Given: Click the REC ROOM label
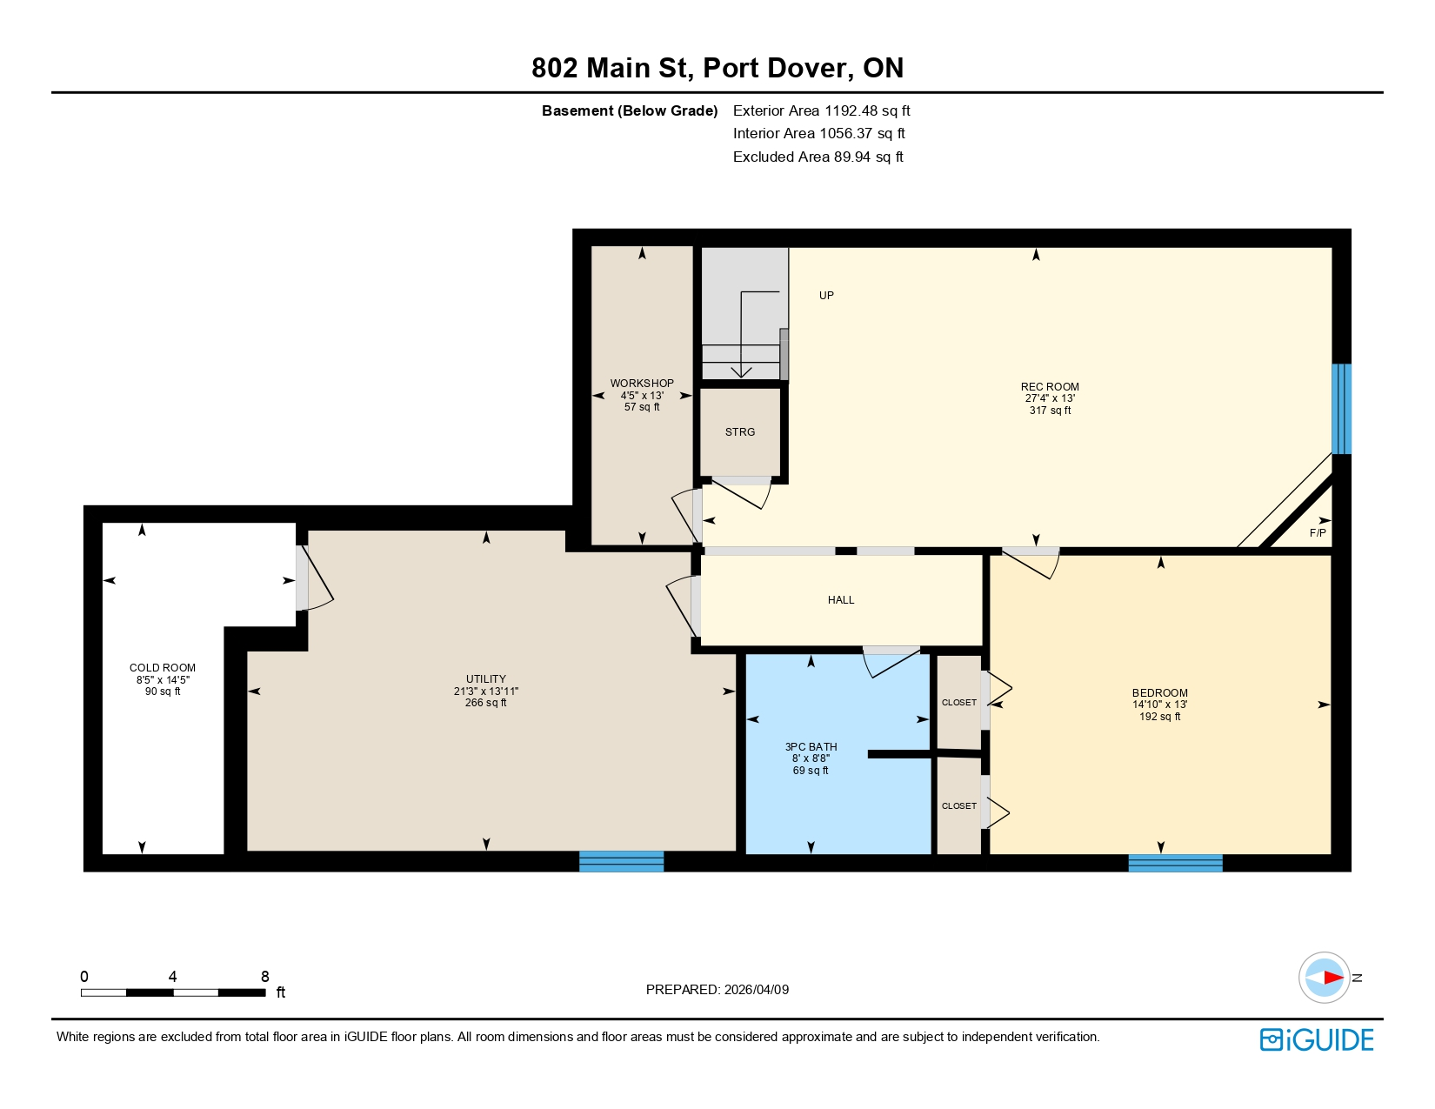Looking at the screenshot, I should pos(1050,387).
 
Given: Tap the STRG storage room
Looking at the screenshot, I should pos(740,432).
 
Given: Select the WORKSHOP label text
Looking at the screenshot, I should pos(642,384).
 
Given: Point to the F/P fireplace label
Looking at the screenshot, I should pos(1318,533).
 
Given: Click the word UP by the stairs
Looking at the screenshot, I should pos(826,296).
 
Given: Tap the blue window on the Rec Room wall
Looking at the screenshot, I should pos(1341,409).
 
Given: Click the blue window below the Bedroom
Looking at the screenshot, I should pos(1175,863).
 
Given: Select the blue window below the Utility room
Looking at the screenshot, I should pos(621,861).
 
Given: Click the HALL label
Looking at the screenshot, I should pos(841,600).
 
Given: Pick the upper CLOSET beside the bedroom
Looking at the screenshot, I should pos(959,703).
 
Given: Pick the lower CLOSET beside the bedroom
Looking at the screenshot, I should pos(959,806).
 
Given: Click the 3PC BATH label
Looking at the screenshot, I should pos(811,747).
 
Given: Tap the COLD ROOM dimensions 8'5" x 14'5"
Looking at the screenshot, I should pos(163,680).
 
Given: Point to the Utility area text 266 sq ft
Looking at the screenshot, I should pos(485,703).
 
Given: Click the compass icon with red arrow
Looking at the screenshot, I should pos(1324,978).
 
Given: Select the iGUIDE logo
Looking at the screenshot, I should pos(1317,1039).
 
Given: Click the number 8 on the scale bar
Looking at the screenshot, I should pos(265,977).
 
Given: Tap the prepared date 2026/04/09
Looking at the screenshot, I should pos(756,990).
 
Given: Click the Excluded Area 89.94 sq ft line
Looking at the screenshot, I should pos(818,157).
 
